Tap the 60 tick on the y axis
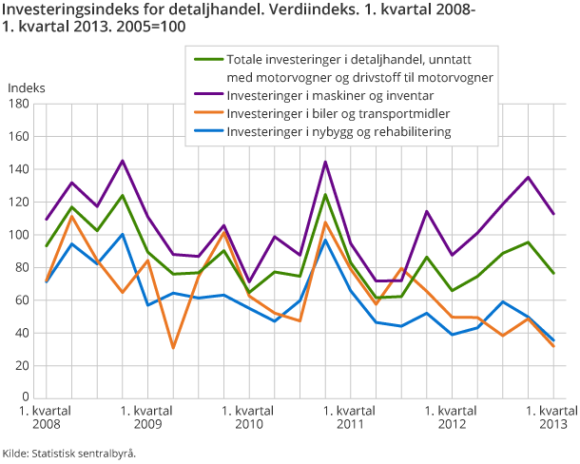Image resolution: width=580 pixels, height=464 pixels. (21, 300)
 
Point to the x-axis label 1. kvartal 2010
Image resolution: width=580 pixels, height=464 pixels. (249, 416)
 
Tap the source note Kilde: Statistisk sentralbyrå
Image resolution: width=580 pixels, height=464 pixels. (69, 453)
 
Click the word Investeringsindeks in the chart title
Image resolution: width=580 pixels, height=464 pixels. (64, 10)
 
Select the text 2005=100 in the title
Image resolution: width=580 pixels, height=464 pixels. (152, 27)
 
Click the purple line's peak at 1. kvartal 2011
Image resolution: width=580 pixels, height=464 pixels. (325, 162)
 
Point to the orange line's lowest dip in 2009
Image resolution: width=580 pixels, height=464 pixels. (173, 348)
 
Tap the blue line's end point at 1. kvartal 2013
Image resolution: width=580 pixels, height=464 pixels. (554, 340)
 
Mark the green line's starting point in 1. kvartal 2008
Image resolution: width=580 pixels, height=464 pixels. (46, 246)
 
